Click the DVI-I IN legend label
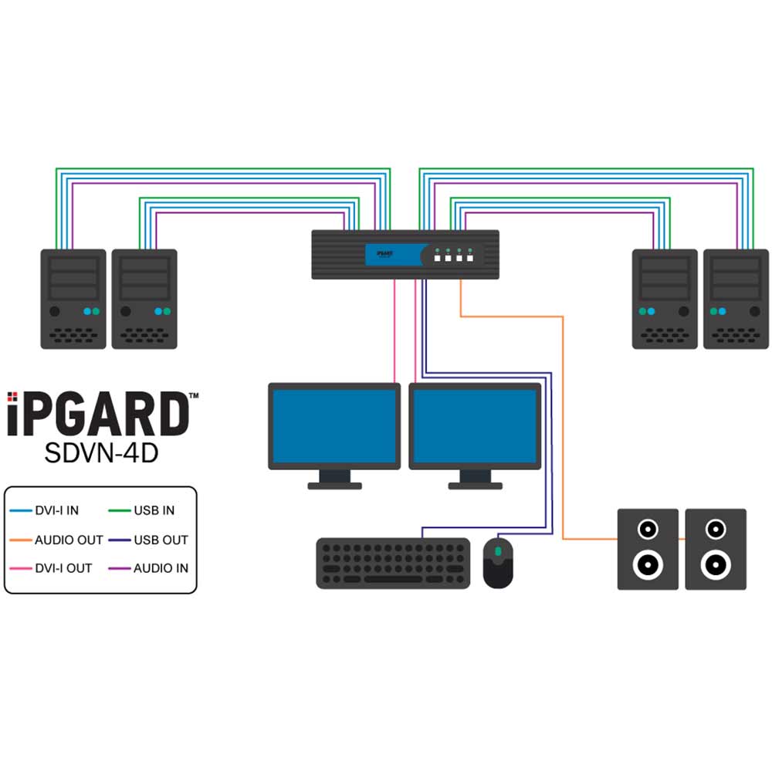coord(56,510)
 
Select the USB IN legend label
coord(154,510)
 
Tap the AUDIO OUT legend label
coord(69,540)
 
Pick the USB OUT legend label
coord(161,540)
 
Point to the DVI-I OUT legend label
coord(63,568)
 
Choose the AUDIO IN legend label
coord(161,568)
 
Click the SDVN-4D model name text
coord(101,453)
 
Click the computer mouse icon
coord(498,564)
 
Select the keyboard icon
coord(393,564)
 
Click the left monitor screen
coord(334,426)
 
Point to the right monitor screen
coord(475,426)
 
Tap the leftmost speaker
coord(648,549)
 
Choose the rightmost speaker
coord(716,549)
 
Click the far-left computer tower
coord(73,299)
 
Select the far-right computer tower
coord(736,299)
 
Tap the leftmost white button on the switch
coord(437,258)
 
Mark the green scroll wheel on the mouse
coord(498,551)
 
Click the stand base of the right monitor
coord(475,486)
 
